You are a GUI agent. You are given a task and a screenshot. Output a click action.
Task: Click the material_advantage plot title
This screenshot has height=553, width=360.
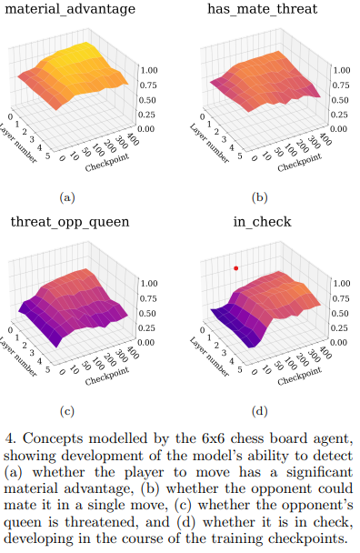(x=72, y=11)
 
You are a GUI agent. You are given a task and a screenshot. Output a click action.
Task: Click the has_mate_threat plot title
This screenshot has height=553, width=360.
(x=265, y=11)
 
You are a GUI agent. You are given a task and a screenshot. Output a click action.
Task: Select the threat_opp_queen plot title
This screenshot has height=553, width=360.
(x=69, y=223)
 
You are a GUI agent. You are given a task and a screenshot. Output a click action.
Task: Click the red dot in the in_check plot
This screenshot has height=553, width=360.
(x=236, y=268)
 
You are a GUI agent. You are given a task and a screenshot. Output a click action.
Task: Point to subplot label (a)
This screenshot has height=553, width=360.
(x=66, y=196)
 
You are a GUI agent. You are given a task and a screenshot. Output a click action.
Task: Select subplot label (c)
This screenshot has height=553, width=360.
(x=66, y=408)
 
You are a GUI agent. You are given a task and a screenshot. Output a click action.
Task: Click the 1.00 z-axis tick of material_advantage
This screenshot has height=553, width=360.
(x=150, y=69)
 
